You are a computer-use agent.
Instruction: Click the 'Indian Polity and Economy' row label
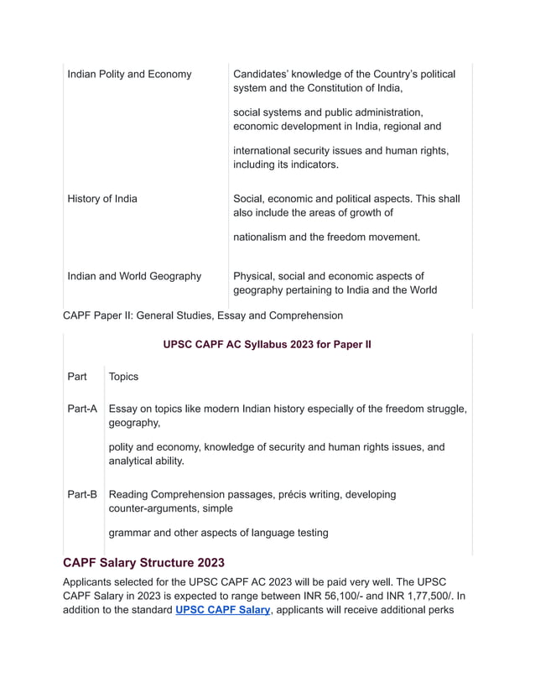click(129, 74)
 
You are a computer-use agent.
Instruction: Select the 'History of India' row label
click(102, 199)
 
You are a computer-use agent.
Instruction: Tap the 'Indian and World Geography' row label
click(134, 276)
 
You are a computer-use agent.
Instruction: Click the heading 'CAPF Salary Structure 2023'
click(143, 562)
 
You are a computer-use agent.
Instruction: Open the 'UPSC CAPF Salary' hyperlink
click(222, 610)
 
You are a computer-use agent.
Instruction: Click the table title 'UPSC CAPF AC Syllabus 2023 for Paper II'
click(267, 344)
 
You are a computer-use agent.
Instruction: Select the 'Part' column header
click(77, 377)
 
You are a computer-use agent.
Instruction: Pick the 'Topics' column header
click(124, 377)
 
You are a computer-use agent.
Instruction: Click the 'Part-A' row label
click(82, 409)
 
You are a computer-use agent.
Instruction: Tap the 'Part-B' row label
click(82, 494)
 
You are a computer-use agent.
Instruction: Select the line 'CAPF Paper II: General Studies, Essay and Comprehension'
click(203, 315)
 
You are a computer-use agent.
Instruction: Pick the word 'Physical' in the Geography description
click(255, 276)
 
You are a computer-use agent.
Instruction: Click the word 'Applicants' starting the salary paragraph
click(92, 581)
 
